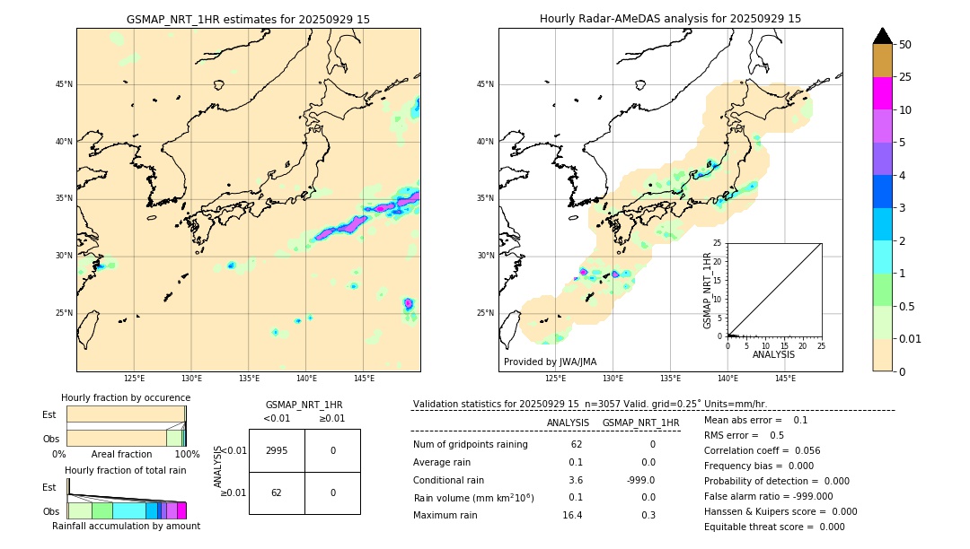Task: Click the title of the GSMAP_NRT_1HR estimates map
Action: point(248,19)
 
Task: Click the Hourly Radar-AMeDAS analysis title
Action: point(670,19)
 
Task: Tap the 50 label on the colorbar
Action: point(905,45)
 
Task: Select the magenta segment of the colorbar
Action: point(882,93)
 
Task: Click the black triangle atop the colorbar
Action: point(882,36)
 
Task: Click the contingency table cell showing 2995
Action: point(277,450)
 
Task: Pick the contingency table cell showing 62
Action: point(277,492)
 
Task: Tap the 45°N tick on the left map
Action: point(64,84)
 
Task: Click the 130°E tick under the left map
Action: point(191,379)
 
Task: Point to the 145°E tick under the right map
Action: point(785,379)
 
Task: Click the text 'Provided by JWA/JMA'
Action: point(550,362)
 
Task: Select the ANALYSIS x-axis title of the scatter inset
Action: point(773,354)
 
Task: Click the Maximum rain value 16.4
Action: point(572,515)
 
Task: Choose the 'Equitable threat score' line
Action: point(774,527)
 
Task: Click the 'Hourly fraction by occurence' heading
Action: point(126,397)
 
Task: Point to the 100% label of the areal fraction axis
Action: point(187,454)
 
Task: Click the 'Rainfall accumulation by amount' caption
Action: point(126,526)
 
